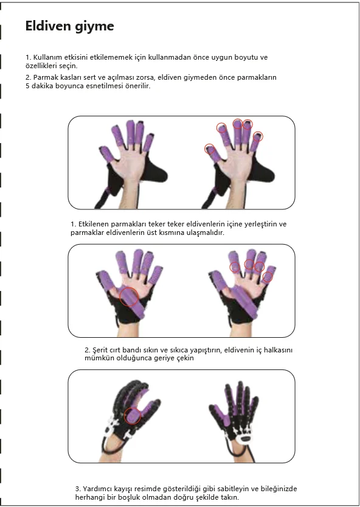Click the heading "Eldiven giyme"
click(69, 26)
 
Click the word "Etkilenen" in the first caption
click(93, 224)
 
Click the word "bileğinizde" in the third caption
click(279, 488)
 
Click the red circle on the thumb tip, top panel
click(210, 149)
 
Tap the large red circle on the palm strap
click(129, 296)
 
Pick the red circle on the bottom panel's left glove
click(133, 416)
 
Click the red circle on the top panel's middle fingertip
click(238, 124)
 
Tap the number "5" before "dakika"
click(27, 86)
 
